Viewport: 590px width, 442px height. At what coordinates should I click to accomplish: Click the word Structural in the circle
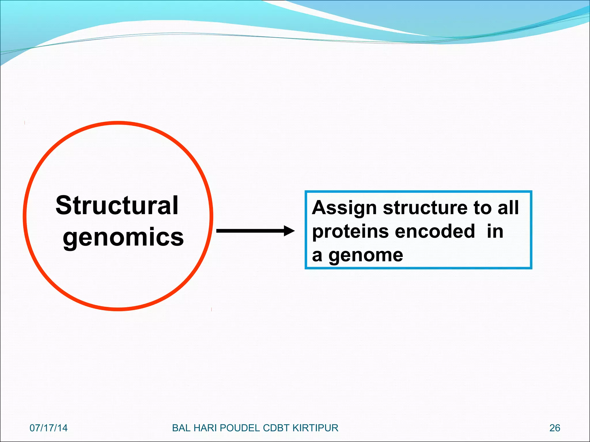[117, 205]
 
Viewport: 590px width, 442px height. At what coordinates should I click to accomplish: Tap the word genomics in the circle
[123, 237]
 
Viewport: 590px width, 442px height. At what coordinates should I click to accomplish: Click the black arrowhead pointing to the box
[289, 231]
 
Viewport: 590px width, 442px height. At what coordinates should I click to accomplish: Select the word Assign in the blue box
[344, 208]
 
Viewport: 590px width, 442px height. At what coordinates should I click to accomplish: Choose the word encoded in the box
[435, 231]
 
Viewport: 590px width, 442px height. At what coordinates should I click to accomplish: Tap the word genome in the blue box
[366, 255]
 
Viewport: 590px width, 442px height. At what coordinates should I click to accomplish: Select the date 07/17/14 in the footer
[48, 428]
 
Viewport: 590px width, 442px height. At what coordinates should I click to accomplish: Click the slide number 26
[555, 428]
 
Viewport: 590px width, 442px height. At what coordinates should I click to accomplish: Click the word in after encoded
[495, 231]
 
